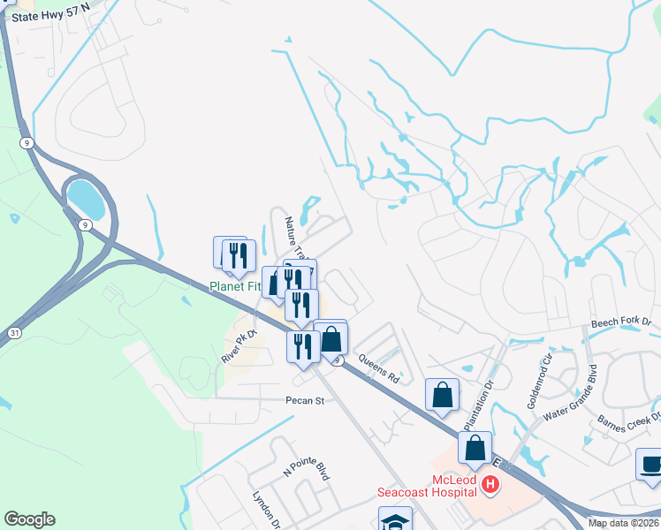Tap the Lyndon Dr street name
(266, 510)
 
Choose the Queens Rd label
(380, 368)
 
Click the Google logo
(29, 519)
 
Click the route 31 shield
(15, 332)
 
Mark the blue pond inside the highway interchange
(86, 198)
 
